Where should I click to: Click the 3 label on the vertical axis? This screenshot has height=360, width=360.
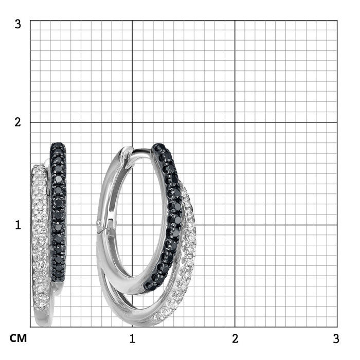17,24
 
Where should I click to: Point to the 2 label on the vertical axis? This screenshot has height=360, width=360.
17,122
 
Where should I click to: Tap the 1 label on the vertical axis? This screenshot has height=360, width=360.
18,225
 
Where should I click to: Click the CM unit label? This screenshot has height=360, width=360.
18,338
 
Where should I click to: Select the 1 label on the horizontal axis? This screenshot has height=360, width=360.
132,338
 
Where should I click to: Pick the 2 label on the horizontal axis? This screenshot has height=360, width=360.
235,338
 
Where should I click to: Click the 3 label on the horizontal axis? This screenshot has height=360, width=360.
336,338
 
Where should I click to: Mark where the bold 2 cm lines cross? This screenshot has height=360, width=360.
235,122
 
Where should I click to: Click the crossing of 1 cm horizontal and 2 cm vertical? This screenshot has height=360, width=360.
235,225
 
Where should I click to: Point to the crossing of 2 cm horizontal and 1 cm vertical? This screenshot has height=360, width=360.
132,122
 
